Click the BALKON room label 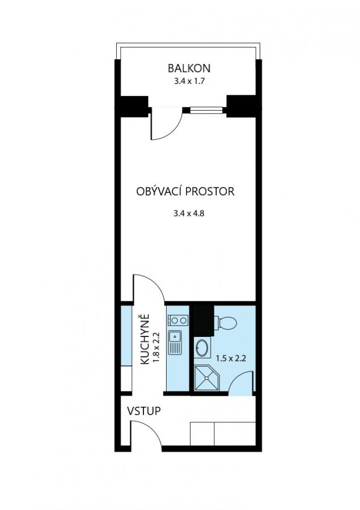point(189,68)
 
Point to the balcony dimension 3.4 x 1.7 point(189,81)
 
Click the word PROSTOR point(210,191)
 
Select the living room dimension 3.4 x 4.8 point(189,213)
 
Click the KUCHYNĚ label point(145,339)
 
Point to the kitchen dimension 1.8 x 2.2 point(156,347)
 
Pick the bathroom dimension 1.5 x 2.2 point(231,359)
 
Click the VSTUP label point(143,411)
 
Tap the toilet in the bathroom point(226,323)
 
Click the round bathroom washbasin point(202,348)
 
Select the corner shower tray point(207,378)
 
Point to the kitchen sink point(175,343)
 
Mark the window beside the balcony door point(206,111)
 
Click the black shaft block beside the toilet point(204,321)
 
